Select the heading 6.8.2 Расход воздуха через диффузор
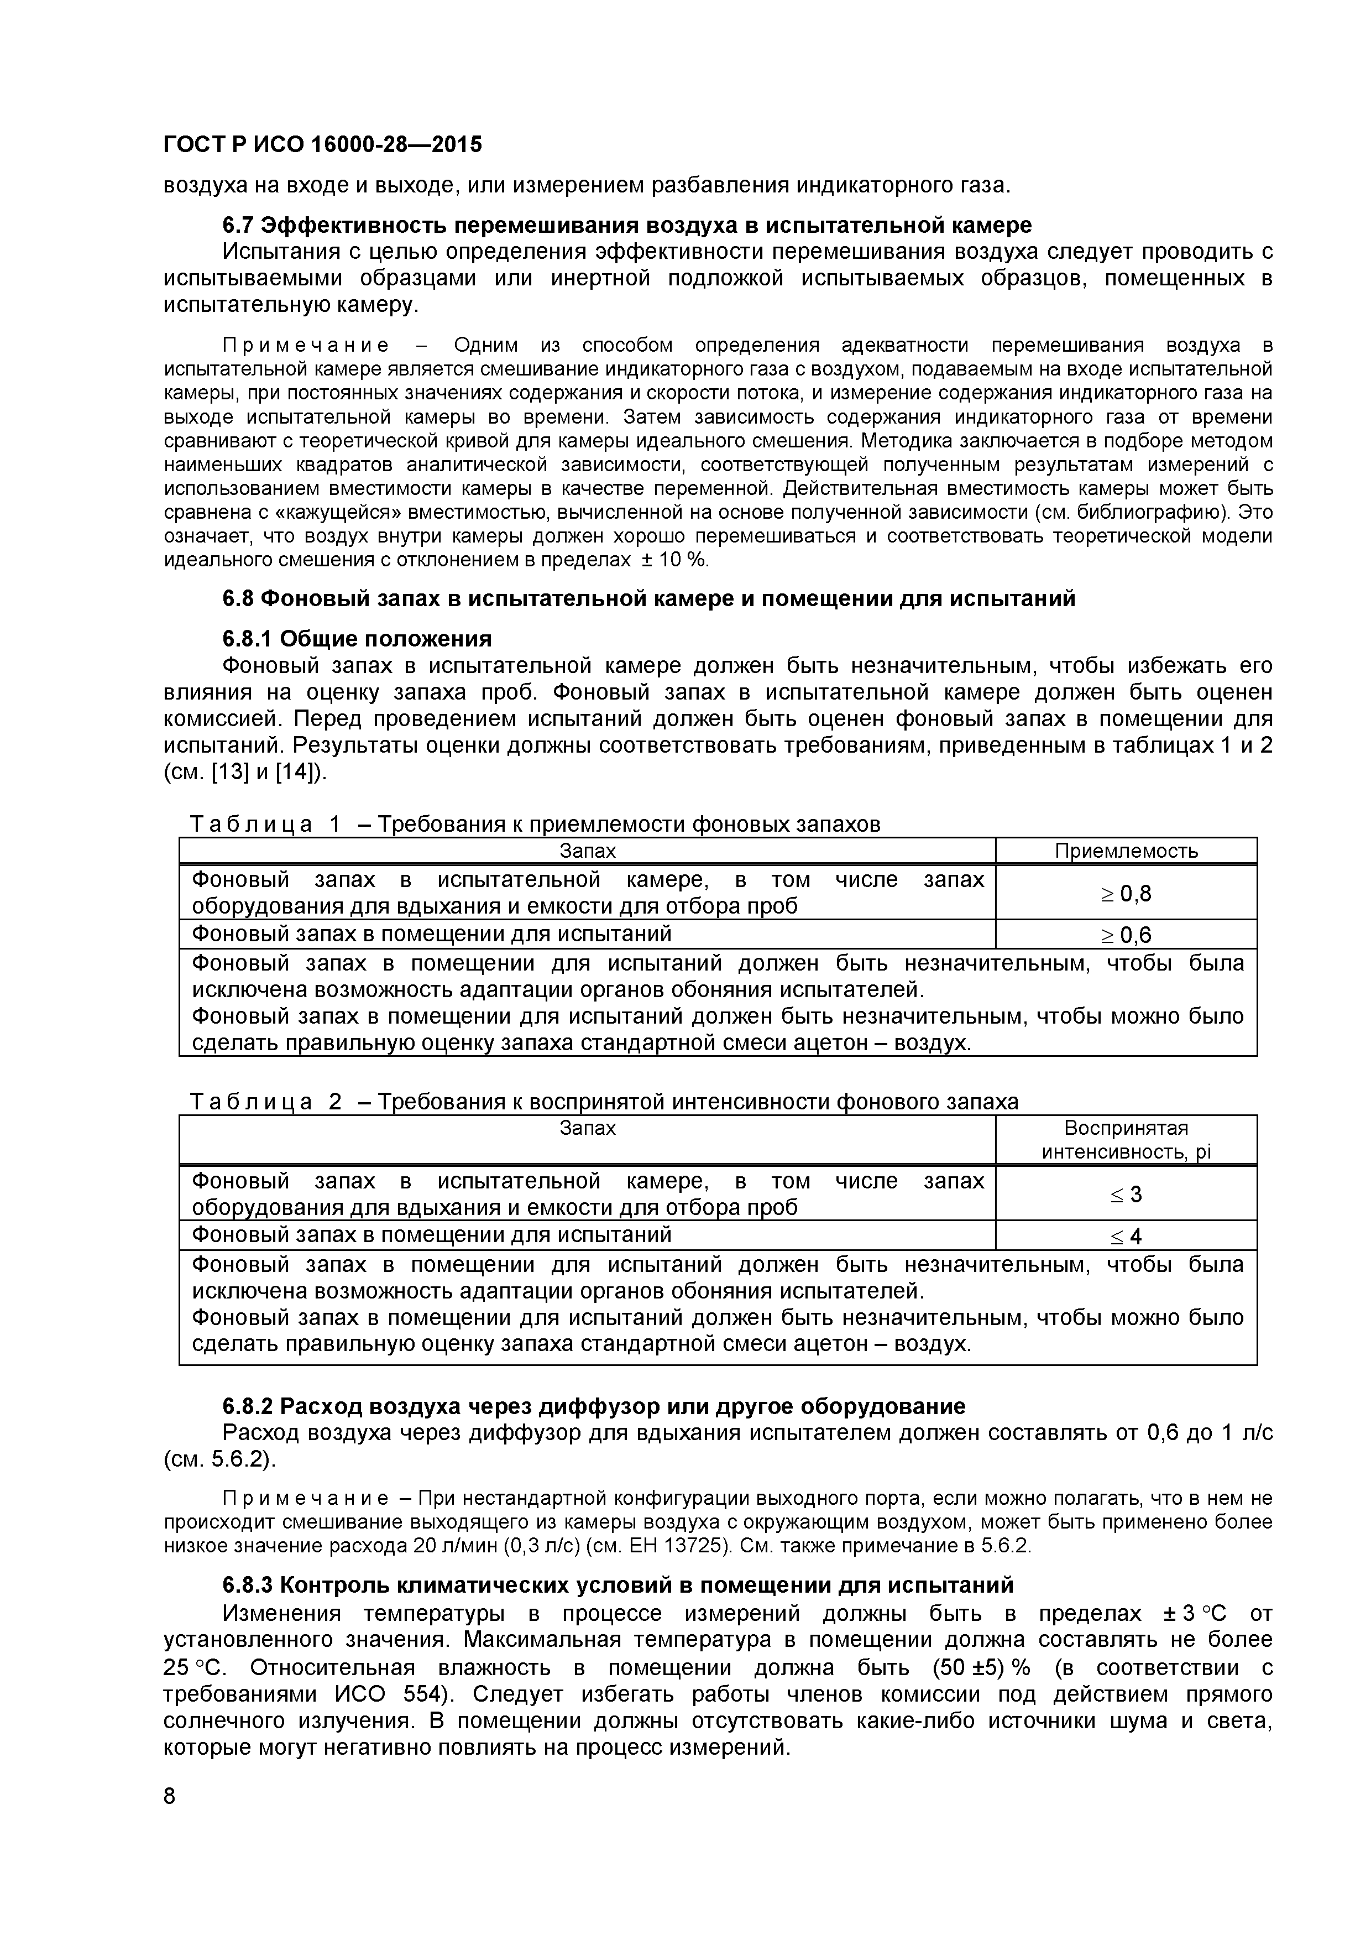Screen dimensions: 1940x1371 593,1406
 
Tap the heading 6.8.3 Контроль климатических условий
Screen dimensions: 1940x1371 616,1584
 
